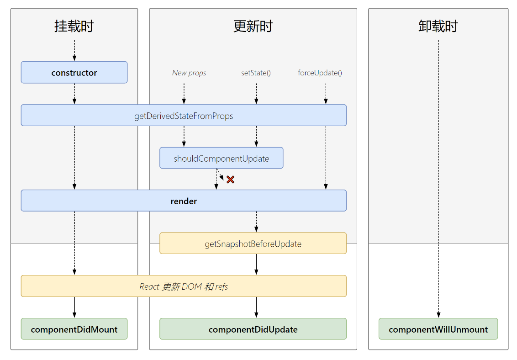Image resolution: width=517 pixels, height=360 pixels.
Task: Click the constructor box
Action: [x=74, y=73]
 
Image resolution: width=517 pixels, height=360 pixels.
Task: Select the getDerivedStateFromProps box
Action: [x=184, y=116]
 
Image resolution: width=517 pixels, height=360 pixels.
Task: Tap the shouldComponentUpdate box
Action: [x=221, y=159]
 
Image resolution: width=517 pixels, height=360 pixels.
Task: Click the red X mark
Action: [x=230, y=180]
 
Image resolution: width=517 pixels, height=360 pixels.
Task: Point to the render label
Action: [x=184, y=201]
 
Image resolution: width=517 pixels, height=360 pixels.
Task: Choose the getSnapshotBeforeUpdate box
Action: [x=253, y=244]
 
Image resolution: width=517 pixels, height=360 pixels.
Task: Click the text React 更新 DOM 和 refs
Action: [x=184, y=286]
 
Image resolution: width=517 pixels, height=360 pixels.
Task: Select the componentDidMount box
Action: [x=74, y=329]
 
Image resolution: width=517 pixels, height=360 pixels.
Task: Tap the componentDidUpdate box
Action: [x=253, y=329]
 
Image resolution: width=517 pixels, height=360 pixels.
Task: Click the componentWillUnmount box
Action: [x=438, y=329]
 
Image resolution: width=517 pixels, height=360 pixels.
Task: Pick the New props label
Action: [x=189, y=73]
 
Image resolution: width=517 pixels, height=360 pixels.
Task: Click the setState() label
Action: [x=256, y=73]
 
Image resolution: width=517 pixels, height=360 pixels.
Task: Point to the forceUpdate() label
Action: [x=320, y=73]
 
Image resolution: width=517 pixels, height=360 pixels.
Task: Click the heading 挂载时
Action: [x=74, y=26]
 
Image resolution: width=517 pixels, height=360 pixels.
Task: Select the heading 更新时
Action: [x=253, y=26]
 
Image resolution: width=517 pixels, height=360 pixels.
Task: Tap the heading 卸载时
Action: [x=438, y=26]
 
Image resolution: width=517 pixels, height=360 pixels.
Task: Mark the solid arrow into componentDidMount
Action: [x=74, y=307]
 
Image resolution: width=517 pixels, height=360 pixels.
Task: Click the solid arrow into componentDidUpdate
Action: [x=256, y=307]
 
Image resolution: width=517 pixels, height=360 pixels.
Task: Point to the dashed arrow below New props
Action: [x=184, y=94]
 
